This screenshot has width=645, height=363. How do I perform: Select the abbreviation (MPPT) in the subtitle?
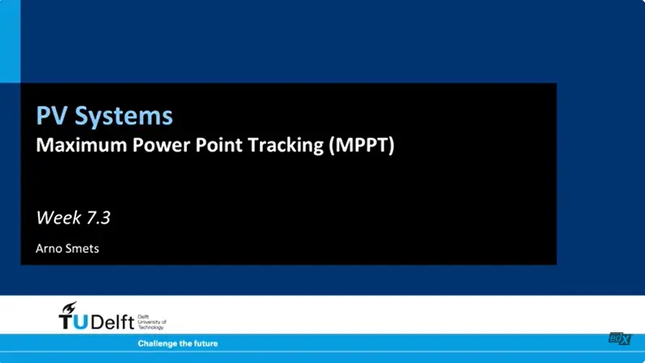(x=361, y=147)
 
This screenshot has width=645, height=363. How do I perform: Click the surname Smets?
(x=83, y=248)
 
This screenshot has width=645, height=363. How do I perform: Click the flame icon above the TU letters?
(x=70, y=307)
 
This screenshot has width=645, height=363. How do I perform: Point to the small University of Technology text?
(x=151, y=322)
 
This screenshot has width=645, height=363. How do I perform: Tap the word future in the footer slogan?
(x=205, y=344)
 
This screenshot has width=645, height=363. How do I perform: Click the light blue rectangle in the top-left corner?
(x=10, y=41)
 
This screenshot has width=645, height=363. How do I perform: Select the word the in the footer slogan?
(x=185, y=344)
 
